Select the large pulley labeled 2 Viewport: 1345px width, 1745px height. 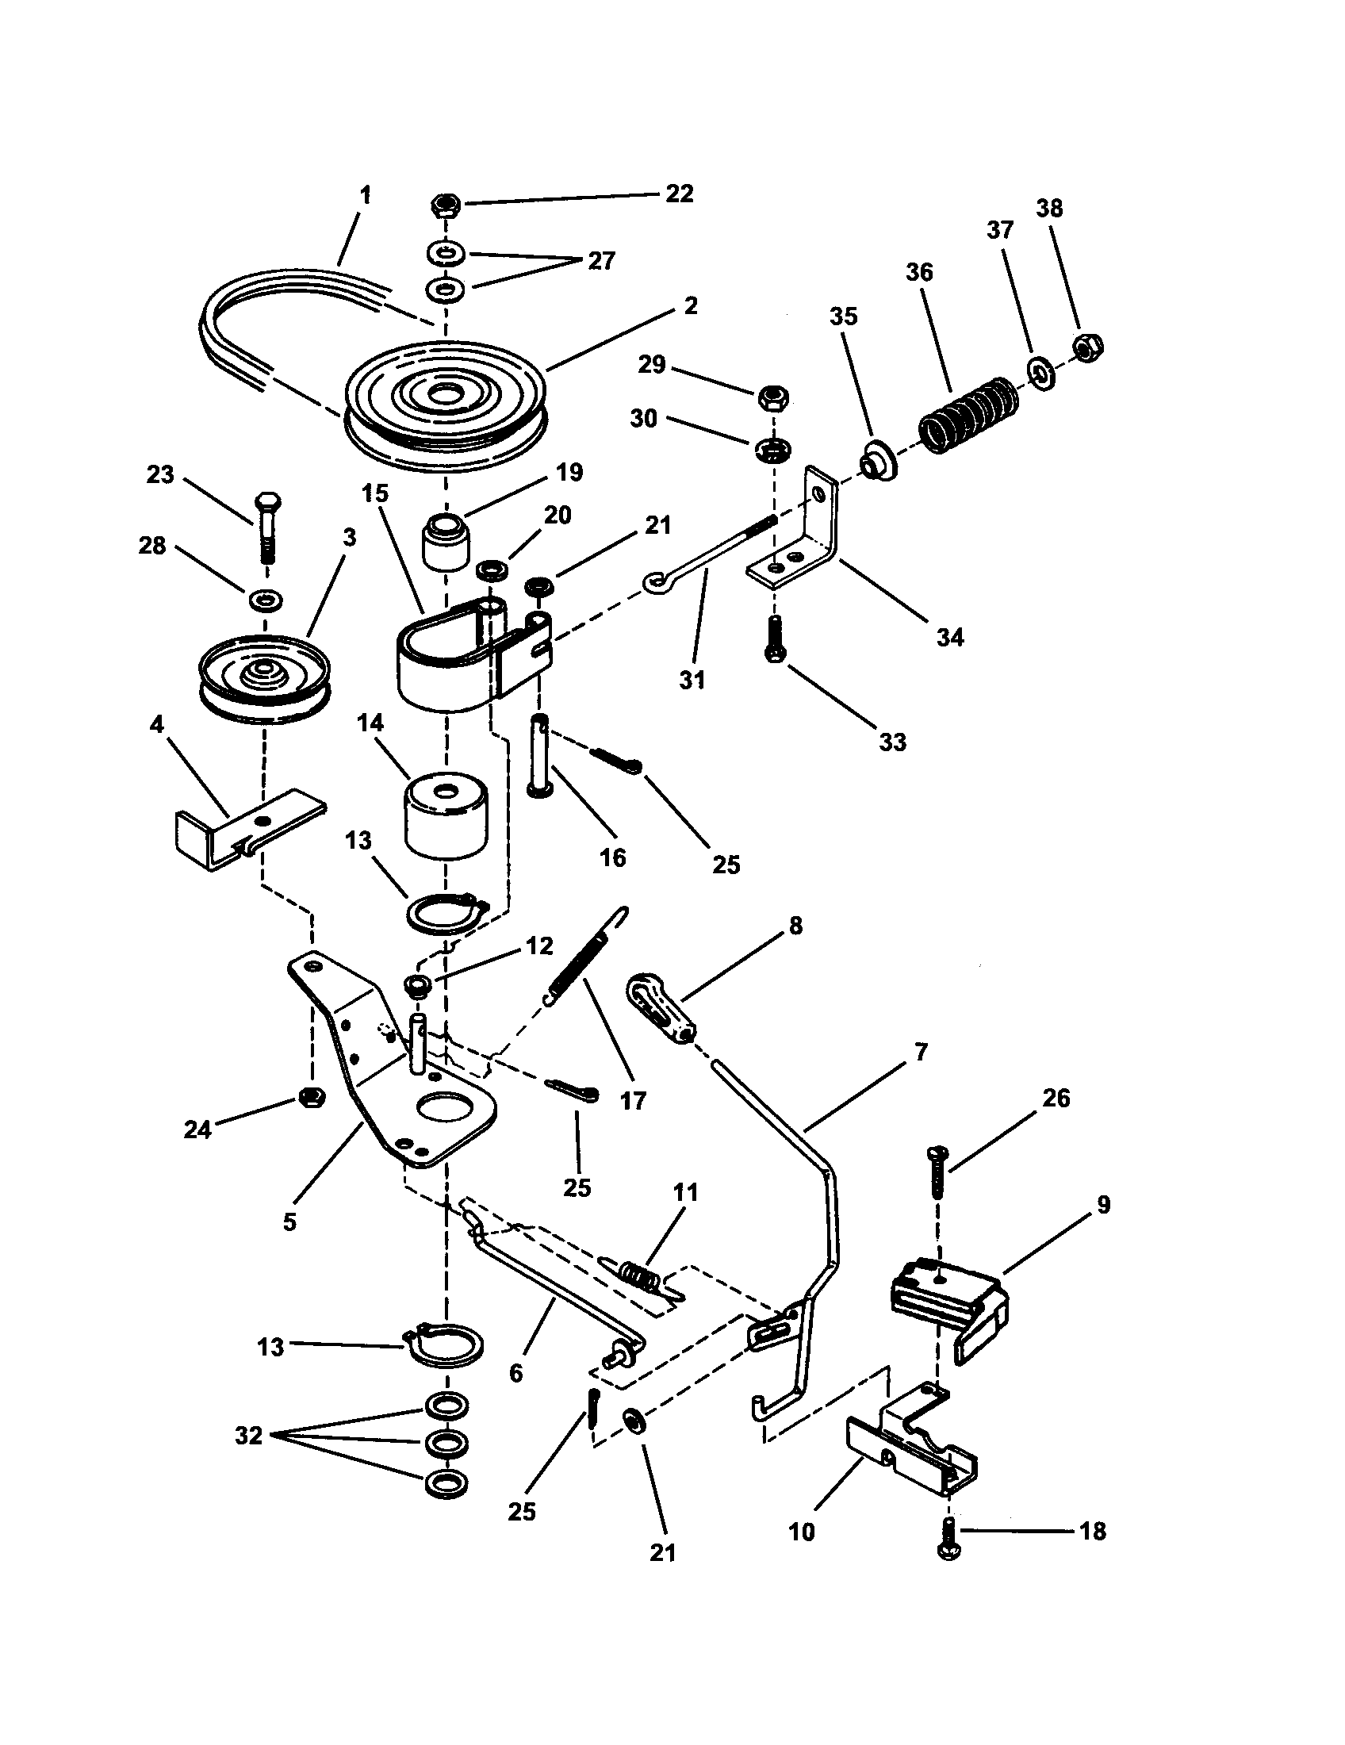pos(445,408)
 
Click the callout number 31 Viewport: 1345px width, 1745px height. pos(692,680)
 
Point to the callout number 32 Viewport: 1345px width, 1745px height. pos(248,1436)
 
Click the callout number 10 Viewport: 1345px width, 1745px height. pos(802,1532)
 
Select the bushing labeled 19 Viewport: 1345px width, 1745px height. pos(445,543)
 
